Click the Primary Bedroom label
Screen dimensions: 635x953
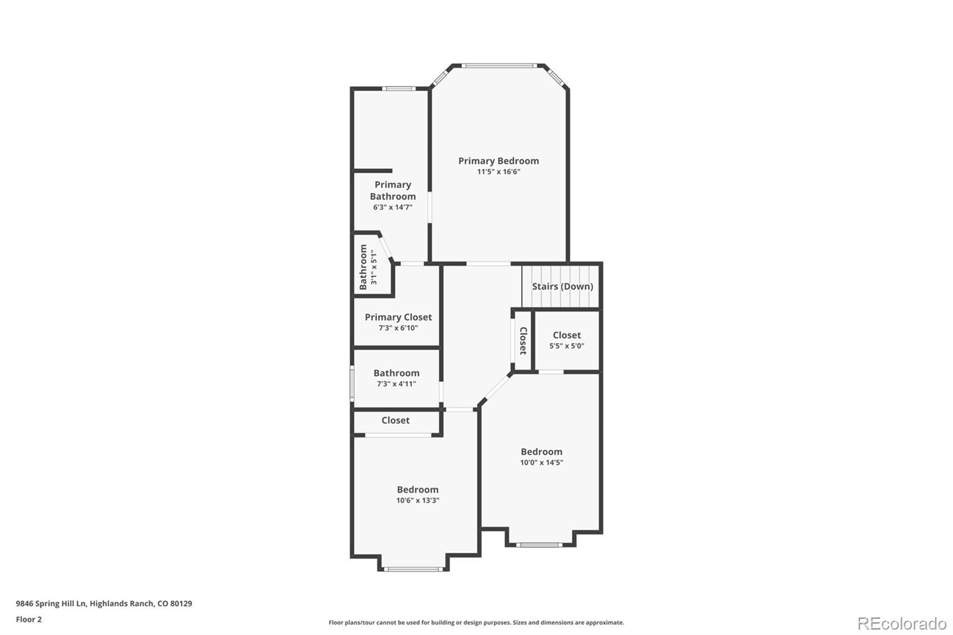pos(499,161)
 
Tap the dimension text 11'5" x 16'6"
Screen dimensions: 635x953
pos(499,172)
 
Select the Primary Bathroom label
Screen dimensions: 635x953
pos(393,191)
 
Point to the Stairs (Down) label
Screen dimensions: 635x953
pos(562,287)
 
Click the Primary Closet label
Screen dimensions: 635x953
pos(398,317)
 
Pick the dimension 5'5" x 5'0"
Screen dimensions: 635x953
pos(566,345)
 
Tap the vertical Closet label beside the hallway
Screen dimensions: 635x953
pos(523,341)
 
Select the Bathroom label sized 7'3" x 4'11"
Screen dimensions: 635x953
pos(396,373)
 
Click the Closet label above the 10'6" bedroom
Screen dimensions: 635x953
pos(395,421)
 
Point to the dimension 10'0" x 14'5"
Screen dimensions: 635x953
pos(541,462)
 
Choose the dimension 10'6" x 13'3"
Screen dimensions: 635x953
pos(418,500)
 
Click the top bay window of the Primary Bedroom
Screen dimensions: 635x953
pos(500,66)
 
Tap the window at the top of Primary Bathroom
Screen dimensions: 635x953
pos(398,89)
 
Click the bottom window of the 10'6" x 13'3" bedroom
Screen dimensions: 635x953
pos(413,569)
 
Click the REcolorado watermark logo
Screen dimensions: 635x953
pos(902,624)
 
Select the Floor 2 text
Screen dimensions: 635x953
pos(29,620)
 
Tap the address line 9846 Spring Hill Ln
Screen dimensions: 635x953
pos(104,603)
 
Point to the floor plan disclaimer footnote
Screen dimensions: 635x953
pos(476,622)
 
